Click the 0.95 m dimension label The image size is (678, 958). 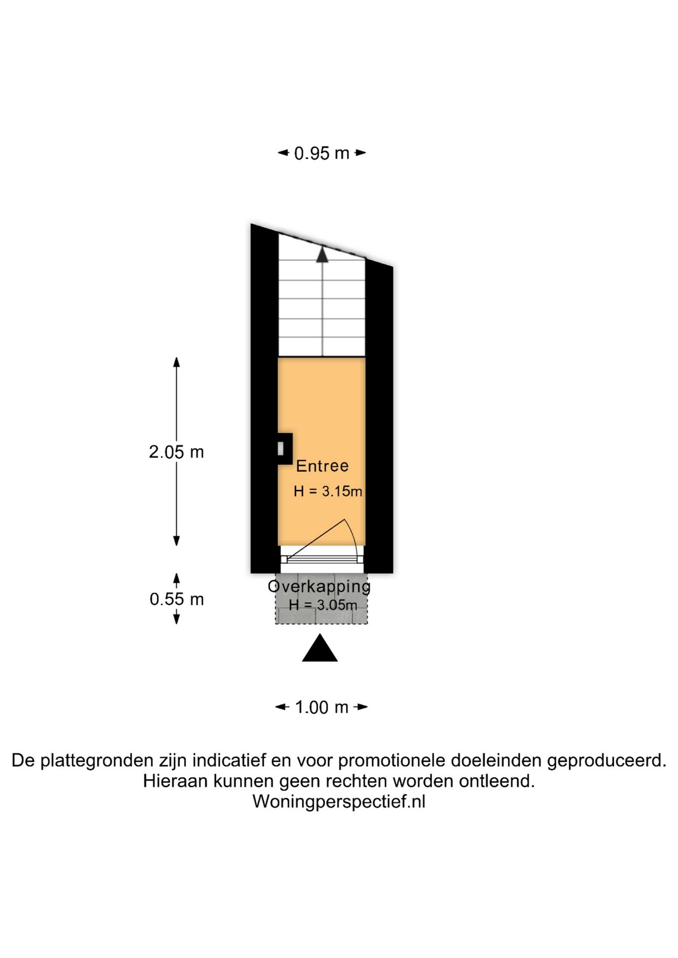(x=322, y=153)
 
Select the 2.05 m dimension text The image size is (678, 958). (x=176, y=452)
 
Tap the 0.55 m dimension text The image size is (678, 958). (x=177, y=599)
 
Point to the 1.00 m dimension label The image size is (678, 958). (x=322, y=707)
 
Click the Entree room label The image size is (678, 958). (x=322, y=466)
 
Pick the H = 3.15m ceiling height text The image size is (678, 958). (x=328, y=491)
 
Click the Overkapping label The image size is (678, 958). (x=320, y=586)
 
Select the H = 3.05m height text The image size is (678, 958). (x=323, y=605)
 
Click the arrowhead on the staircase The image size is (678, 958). (x=322, y=254)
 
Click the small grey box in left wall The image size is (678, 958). (x=281, y=449)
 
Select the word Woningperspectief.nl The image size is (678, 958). (x=339, y=801)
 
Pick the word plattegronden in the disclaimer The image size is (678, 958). (x=97, y=761)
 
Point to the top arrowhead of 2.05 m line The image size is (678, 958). (x=176, y=362)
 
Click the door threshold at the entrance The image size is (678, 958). (x=322, y=560)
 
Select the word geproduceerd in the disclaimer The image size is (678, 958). (x=607, y=761)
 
